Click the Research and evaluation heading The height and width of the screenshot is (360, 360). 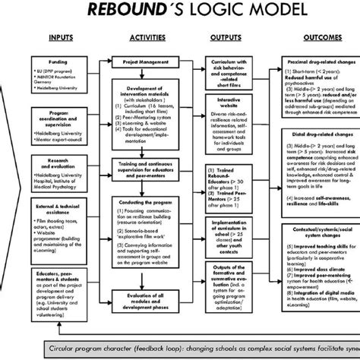coord(62,164)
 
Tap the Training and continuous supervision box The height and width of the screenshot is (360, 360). coord(144,166)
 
